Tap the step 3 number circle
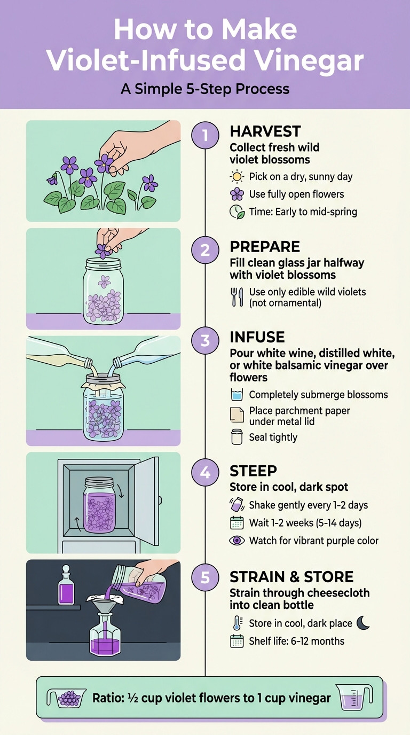206,341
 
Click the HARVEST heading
265,131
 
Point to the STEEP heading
253,471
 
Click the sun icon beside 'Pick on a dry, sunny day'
236,177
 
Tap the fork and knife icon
236,297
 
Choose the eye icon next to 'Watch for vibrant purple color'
236,541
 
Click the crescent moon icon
363,622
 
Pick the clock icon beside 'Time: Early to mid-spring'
236,212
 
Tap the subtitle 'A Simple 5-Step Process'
205,89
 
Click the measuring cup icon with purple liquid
354,698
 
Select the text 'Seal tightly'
273,437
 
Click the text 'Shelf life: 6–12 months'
296,641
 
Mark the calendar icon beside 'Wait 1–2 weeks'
236,522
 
